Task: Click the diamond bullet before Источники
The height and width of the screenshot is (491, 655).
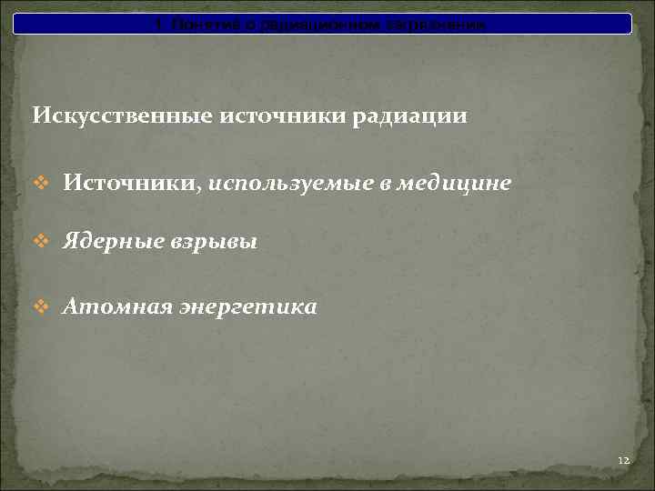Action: click(40, 184)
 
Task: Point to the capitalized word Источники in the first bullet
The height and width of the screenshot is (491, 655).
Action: click(127, 184)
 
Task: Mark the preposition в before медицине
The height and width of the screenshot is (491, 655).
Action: click(387, 185)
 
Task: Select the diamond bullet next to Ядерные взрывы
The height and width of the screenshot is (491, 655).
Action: click(40, 242)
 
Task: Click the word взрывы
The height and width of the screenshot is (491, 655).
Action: click(213, 243)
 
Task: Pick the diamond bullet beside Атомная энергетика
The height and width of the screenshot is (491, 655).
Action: click(40, 307)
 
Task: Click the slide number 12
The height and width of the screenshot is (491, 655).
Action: click(623, 462)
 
